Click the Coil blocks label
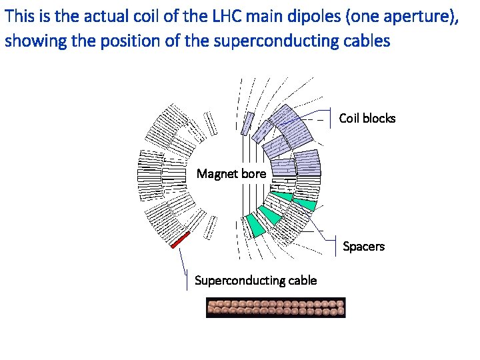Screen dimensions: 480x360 (x=367, y=119)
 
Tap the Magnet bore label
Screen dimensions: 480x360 (x=231, y=174)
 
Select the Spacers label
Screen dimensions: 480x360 (x=363, y=247)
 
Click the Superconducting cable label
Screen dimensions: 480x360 (x=255, y=280)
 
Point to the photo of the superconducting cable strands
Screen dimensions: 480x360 (x=275, y=307)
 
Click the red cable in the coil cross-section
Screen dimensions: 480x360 (x=181, y=239)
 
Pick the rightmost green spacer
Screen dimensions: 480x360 (x=305, y=203)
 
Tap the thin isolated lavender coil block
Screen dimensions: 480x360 (x=247, y=123)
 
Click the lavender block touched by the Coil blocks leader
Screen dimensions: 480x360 (x=293, y=120)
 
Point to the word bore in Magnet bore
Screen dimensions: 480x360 (x=253, y=174)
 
